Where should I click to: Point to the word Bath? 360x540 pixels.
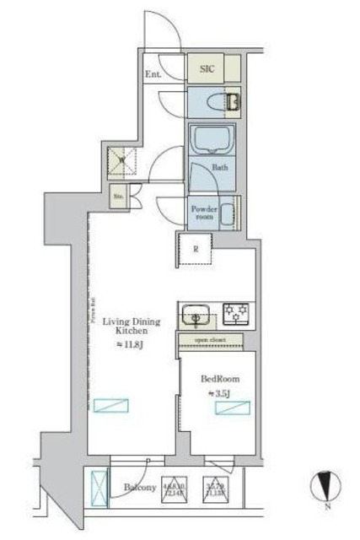220,167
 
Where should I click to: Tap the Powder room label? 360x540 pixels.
204,212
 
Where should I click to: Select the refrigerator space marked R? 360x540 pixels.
196,249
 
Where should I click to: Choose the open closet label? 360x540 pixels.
211,340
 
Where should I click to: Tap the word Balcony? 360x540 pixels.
140,487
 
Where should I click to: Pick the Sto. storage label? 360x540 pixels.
119,199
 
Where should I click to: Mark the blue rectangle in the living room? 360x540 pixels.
111,406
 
